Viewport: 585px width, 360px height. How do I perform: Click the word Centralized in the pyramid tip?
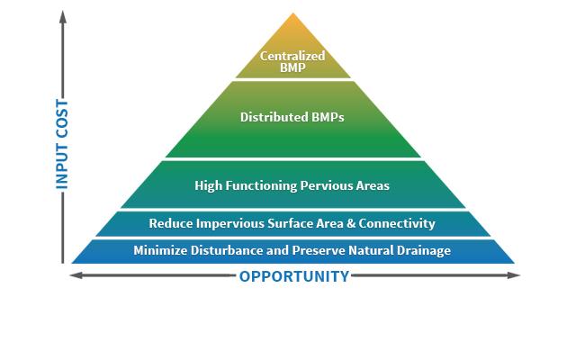tap(292, 56)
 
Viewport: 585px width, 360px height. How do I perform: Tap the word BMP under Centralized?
tap(292, 67)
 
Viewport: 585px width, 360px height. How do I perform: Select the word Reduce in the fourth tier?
tap(171, 223)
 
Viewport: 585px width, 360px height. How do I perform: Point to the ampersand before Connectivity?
tap(351, 223)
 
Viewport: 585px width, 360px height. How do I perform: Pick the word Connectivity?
tap(397, 224)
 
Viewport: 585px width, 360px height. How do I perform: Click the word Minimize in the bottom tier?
tap(160, 250)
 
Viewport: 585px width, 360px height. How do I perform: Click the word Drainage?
tap(424, 250)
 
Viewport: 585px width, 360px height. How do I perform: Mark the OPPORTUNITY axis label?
tap(294, 276)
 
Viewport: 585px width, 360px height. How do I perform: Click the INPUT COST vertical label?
tap(62, 144)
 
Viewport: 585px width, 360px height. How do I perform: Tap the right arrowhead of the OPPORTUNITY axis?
tap(515, 275)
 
